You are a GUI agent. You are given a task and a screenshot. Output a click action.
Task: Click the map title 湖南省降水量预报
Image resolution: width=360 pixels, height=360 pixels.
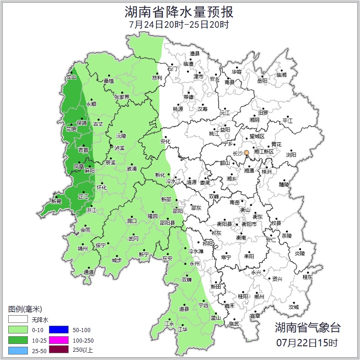click(179, 11)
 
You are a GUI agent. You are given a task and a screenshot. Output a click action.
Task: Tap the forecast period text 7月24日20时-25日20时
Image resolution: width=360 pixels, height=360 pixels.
click(179, 24)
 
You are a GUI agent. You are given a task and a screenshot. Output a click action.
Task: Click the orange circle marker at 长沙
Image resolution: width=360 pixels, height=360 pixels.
click(247, 152)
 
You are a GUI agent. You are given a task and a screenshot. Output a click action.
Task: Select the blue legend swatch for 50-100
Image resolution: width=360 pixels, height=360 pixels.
click(58, 329)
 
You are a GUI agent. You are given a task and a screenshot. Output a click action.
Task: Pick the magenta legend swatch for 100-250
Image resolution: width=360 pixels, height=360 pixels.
click(58, 340)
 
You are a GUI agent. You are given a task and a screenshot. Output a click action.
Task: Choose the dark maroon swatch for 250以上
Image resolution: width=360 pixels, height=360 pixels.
click(58, 350)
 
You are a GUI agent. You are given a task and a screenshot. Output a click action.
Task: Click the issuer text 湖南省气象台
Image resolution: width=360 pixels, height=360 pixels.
click(307, 328)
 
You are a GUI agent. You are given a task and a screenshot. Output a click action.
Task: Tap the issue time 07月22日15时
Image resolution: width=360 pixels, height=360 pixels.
click(307, 342)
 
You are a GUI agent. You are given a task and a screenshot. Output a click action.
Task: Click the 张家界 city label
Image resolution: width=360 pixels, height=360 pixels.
click(122, 97)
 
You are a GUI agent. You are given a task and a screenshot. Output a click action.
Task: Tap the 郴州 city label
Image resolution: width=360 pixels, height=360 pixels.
click(259, 296)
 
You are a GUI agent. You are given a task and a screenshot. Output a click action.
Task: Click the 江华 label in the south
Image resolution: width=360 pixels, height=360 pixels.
click(183, 329)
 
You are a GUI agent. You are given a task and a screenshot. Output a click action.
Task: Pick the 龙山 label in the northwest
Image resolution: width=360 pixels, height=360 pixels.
click(71, 77)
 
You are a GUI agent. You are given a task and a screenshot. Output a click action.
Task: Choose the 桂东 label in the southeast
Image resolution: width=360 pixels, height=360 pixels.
click(308, 277)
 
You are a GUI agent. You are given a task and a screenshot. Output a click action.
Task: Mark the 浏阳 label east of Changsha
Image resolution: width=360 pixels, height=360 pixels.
click(291, 155)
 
